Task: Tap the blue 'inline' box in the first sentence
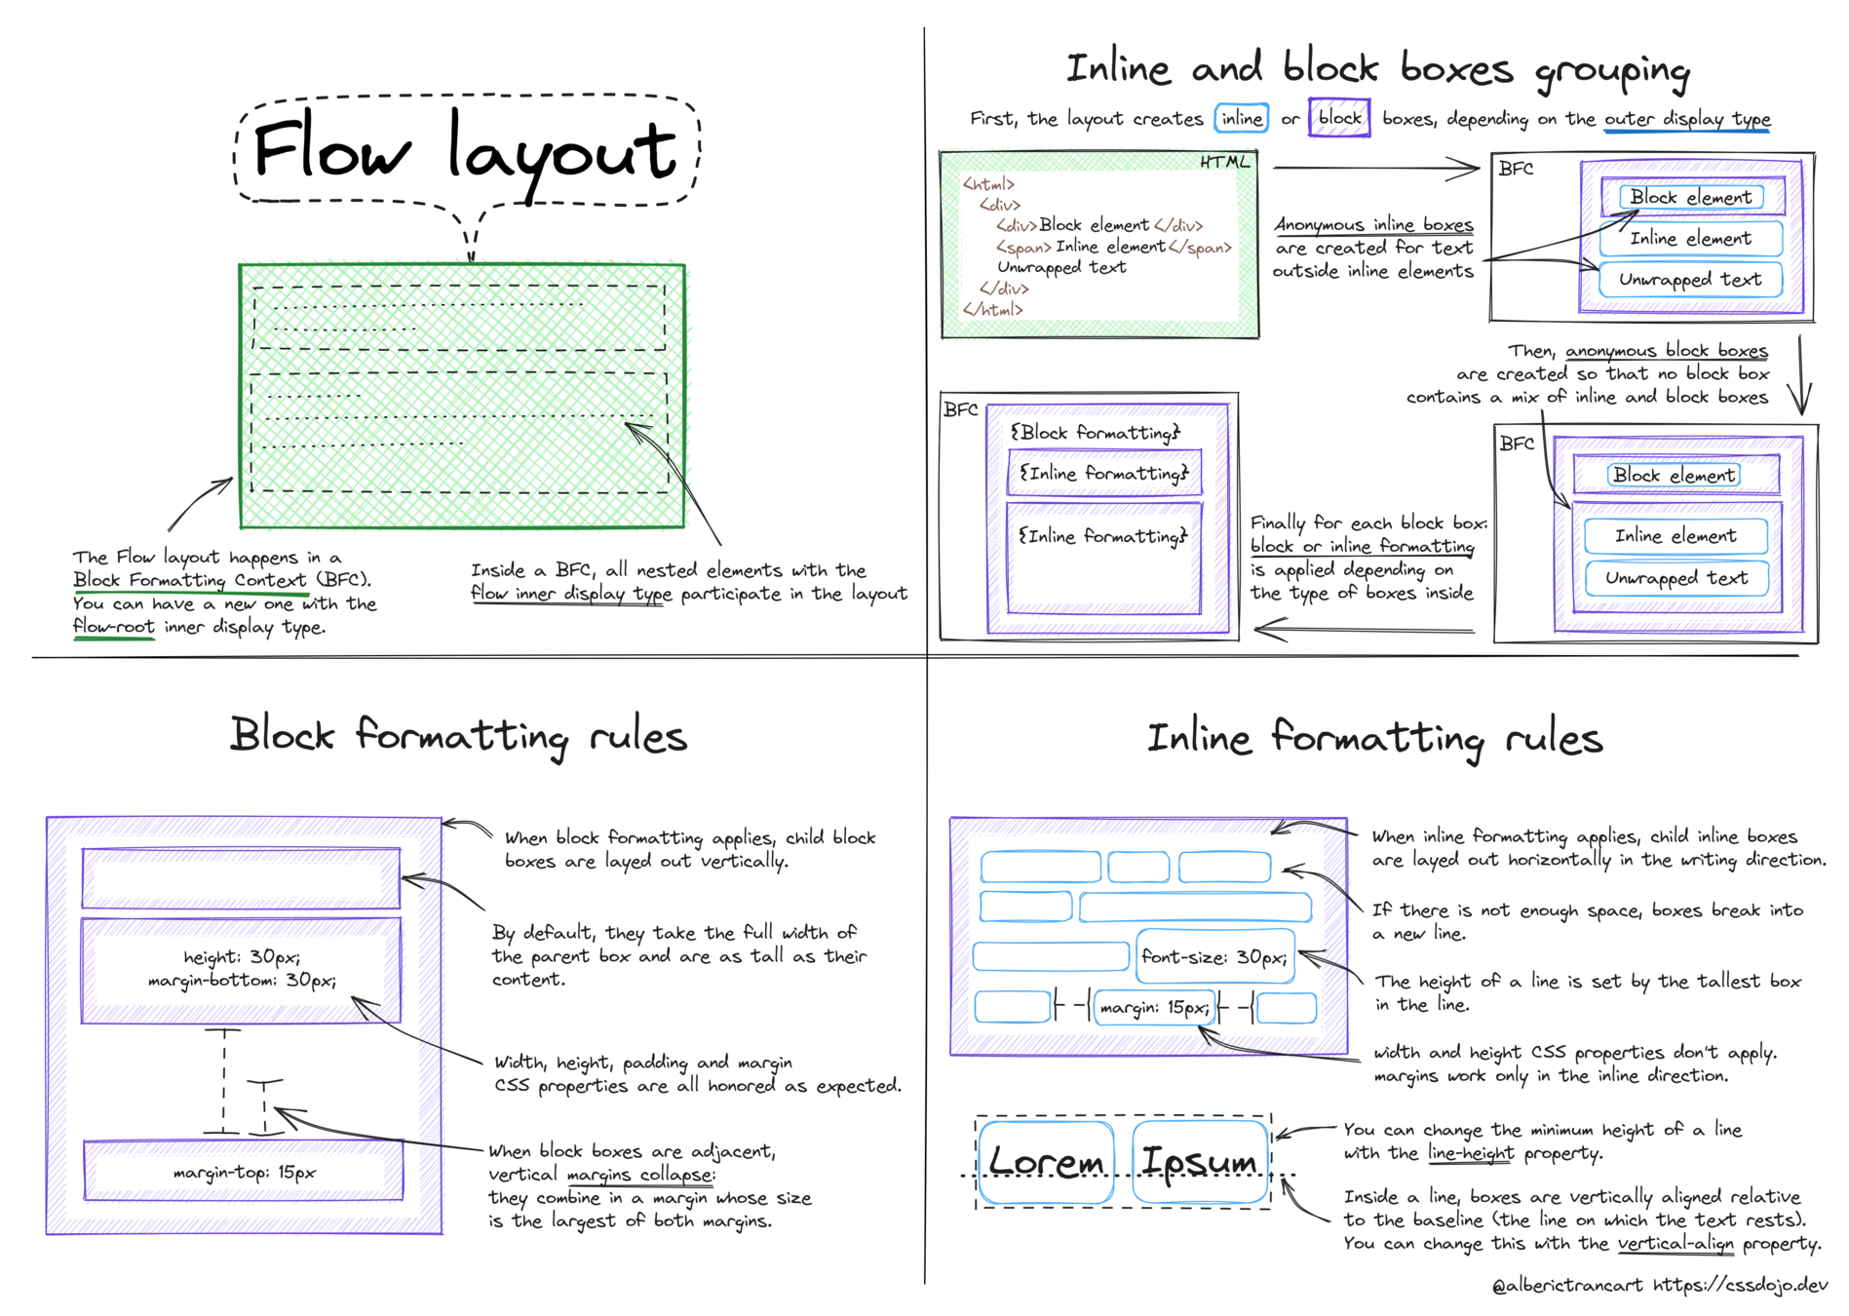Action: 1241,118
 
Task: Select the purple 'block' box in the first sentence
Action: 1339,118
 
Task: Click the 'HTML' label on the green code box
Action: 1224,162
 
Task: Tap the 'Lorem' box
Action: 1046,1161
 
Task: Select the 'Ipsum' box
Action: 1200,1161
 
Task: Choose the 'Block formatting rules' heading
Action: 458,736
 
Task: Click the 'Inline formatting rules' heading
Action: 1374,739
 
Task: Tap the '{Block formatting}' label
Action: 1095,432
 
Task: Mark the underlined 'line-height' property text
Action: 1471,1153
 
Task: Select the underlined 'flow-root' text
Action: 114,627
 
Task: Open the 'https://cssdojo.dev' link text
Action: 1740,1286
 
